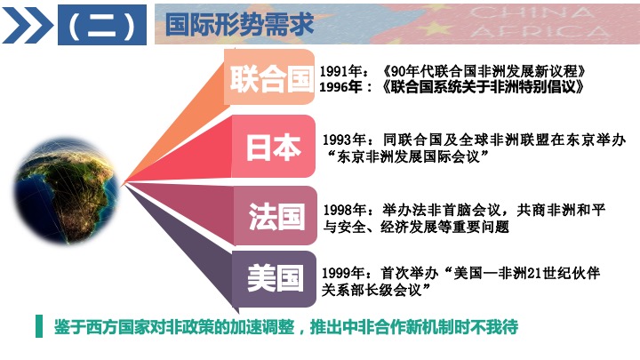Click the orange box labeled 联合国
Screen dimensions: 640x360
[269, 77]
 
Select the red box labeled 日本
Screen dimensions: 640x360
[274, 146]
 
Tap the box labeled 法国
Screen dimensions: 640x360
[276, 216]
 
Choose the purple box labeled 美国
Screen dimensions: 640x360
[275, 279]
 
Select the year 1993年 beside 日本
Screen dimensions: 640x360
[344, 140]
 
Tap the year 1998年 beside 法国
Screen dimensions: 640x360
[345, 210]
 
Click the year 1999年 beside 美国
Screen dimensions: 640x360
[343, 273]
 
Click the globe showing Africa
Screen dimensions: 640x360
[67, 191]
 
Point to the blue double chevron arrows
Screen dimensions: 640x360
[28, 25]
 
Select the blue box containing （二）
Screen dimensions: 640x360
[102, 25]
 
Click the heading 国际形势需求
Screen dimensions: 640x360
[239, 24]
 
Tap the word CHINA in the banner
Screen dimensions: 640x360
[532, 12]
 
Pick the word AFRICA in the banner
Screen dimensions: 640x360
[540, 31]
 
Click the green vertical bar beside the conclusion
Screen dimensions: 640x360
[39, 326]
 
